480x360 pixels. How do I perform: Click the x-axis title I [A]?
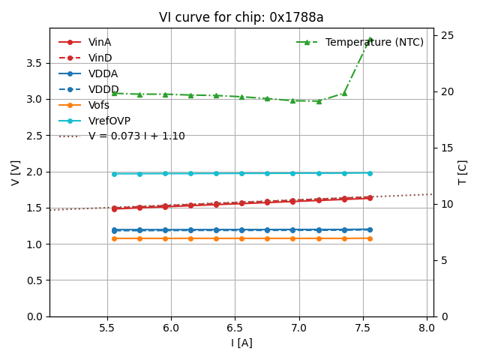pos(241,343)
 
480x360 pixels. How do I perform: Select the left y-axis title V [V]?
pos(16,172)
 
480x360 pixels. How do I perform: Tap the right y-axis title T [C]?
pos(463,172)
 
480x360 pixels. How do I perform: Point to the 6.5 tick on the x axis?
pos(235,328)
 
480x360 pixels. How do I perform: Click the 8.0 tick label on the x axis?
pos(427,328)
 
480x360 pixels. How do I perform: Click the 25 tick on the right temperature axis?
pos(446,35)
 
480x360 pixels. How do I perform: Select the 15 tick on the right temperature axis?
pos(446,148)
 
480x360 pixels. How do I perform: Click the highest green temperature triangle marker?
pos(370,40)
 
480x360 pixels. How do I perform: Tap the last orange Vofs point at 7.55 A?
pos(370,238)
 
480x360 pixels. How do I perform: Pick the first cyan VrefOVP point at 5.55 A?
pos(114,174)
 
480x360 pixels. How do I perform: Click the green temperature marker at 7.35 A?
pos(344,93)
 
